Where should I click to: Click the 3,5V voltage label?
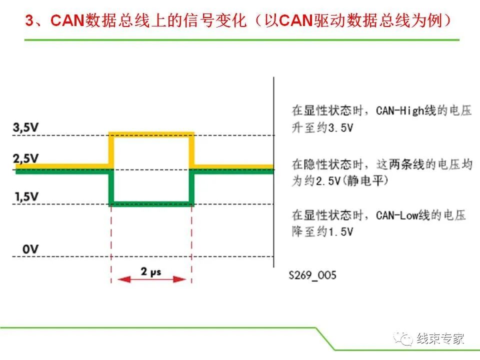click(26, 128)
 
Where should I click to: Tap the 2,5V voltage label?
click(26, 159)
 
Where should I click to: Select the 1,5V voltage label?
click(26, 196)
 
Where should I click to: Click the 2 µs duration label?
click(151, 271)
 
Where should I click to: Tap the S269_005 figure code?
click(312, 275)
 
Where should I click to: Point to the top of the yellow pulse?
click(151, 134)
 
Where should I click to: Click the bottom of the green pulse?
click(151, 203)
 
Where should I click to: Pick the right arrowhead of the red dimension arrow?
click(183, 279)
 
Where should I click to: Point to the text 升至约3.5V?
click(322, 127)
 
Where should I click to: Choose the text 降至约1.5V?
click(322, 232)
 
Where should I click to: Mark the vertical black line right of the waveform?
click(273, 170)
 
